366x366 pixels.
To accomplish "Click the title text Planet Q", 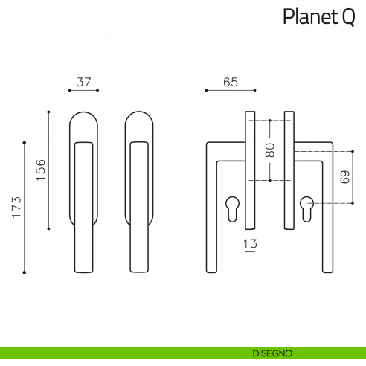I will coord(318,17).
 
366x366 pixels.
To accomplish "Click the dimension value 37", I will coord(84,83).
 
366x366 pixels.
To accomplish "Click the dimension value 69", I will coord(343,178).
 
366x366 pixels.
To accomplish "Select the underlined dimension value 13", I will coord(250,244).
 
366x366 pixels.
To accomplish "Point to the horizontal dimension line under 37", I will coord(84,91).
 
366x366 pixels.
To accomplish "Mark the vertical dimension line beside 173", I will coord(25,207).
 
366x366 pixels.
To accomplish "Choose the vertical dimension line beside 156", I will coord(49,170).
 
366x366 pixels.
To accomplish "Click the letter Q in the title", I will coord(348,17).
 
